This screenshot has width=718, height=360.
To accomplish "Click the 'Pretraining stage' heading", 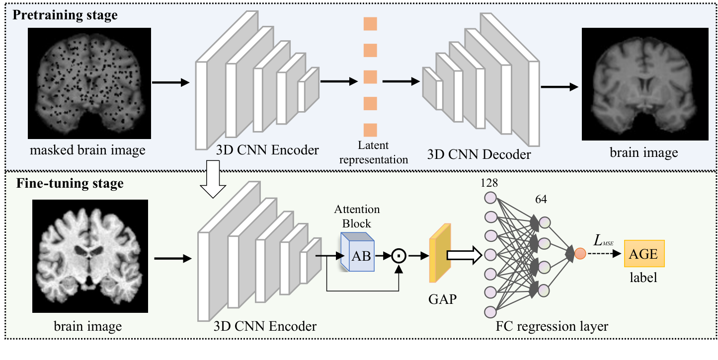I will [65, 15].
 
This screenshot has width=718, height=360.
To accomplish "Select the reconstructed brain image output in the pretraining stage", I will [644, 83].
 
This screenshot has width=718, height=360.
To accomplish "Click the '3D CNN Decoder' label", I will [479, 154].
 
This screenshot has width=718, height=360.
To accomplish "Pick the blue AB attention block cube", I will [357, 252].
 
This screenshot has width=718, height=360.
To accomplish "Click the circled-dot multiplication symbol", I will [399, 256].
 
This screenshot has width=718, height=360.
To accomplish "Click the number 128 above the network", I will [488, 183].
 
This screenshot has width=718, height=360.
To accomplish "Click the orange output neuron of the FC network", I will [580, 255].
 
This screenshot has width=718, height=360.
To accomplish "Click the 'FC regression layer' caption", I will [552, 326].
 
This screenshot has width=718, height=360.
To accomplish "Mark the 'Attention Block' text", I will [357, 216].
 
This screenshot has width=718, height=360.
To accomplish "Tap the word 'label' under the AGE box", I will [644, 279].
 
